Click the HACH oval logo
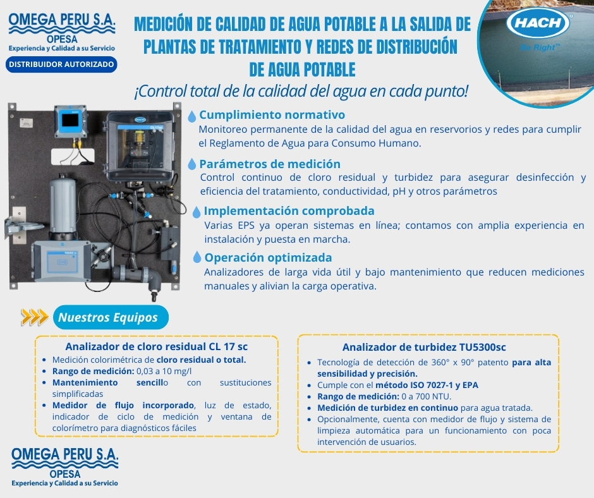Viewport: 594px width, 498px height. coord(538,23)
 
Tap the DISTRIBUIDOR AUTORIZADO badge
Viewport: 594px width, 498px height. coord(61,64)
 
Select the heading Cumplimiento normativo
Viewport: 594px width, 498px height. coord(272,114)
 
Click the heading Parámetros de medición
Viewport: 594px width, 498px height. coord(270,164)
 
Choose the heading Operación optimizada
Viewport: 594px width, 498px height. coord(268,258)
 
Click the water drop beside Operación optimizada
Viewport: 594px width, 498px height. coord(197,257)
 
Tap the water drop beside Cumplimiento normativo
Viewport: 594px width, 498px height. coord(191,116)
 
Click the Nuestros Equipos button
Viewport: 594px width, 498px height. coord(111,317)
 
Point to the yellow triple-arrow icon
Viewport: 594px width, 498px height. coord(35,317)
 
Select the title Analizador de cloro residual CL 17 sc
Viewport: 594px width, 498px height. coord(157,346)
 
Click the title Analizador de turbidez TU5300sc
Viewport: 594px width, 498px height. coord(424,347)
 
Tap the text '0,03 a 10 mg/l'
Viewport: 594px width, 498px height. coord(164,371)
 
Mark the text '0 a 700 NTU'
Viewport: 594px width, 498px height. coord(426,396)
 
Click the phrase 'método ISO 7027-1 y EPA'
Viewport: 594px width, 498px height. coord(427,385)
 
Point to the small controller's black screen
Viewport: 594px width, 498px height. coord(71,120)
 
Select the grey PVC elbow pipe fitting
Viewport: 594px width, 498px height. coord(153,278)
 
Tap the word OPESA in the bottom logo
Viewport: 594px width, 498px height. coord(65,474)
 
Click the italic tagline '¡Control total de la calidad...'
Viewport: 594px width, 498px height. coord(301,92)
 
